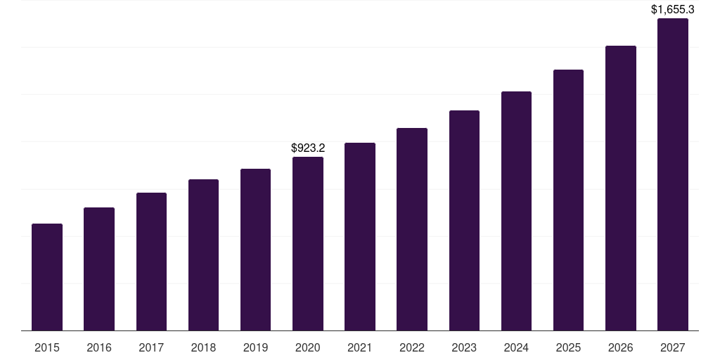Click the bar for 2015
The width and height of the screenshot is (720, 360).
point(47,277)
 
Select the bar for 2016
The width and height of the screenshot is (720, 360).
point(99,269)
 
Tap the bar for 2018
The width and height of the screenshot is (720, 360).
point(203,255)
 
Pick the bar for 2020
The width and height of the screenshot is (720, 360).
point(308,243)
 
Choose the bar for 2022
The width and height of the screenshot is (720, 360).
point(412,229)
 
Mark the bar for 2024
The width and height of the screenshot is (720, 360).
point(516,211)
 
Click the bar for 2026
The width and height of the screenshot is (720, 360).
point(621,188)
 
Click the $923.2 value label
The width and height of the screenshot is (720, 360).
point(308,148)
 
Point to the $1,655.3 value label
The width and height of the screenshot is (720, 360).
point(673,10)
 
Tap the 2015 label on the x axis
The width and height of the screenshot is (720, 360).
point(47,347)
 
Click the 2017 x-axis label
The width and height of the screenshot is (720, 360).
point(151,347)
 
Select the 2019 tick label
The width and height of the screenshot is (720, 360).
point(256,347)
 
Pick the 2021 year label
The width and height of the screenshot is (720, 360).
point(360,347)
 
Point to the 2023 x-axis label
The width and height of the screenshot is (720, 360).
point(464,347)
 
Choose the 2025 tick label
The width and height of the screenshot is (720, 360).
point(568,347)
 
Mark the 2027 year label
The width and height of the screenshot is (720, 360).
point(673,347)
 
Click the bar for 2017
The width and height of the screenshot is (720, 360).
point(151,262)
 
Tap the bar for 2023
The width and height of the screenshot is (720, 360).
point(464,220)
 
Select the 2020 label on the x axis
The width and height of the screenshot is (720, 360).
point(308,347)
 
